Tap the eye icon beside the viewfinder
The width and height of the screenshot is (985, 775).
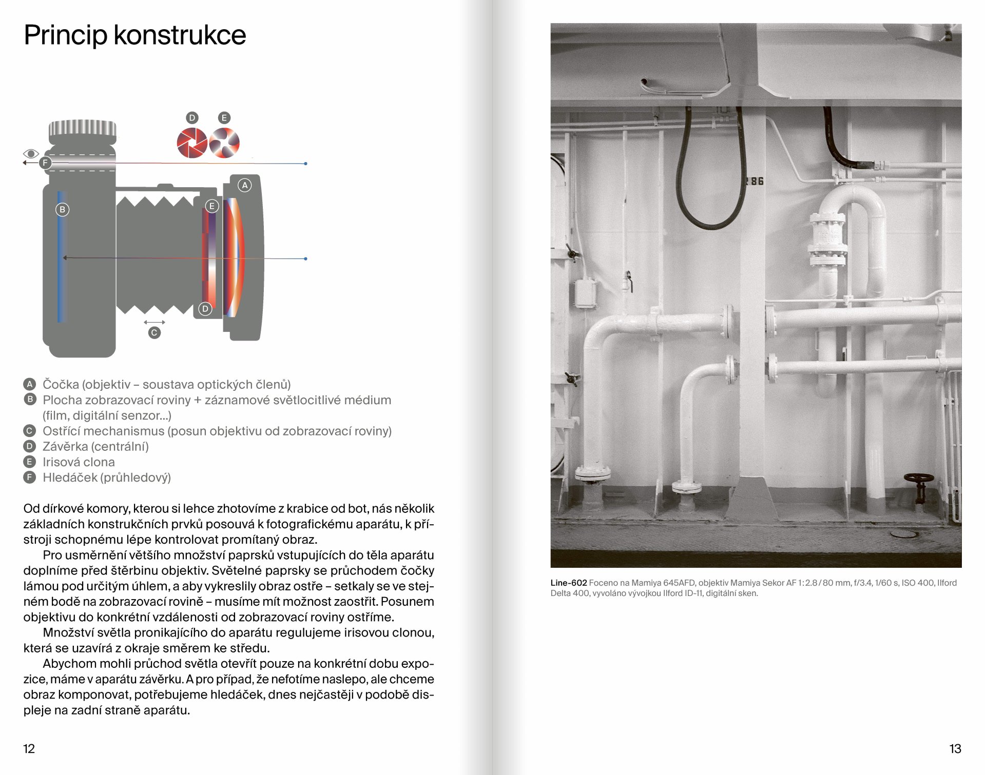point(31,153)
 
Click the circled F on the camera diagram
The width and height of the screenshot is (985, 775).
point(45,163)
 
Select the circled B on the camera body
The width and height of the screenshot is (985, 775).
point(62,209)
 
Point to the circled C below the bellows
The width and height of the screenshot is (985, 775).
point(154,333)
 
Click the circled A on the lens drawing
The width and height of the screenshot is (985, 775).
point(245,185)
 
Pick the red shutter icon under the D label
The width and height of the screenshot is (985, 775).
point(191,143)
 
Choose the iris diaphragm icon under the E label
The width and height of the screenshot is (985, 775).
point(224,143)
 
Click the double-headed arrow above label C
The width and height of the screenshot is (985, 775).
point(154,322)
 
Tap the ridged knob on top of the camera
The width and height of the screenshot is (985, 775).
point(82,128)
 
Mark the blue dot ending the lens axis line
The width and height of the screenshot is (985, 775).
point(305,259)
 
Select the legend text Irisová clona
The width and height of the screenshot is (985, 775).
point(79,462)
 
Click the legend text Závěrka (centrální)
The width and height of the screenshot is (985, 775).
point(95,447)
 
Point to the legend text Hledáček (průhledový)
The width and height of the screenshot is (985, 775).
point(107,478)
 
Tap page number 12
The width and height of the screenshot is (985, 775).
point(29,749)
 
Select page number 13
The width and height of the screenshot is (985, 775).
point(955,749)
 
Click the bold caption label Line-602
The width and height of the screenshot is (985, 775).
point(568,583)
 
